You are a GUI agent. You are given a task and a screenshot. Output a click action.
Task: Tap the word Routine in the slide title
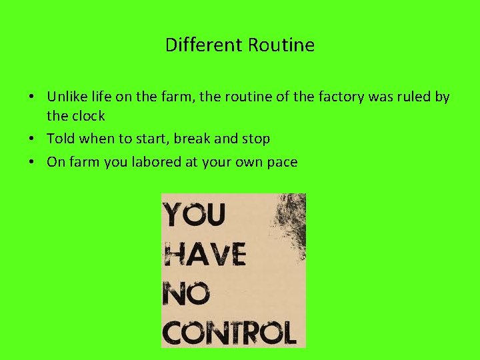tap(281, 45)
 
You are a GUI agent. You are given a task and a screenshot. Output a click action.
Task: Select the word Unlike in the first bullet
tap(66, 97)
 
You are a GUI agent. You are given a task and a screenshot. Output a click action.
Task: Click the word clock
tap(87, 116)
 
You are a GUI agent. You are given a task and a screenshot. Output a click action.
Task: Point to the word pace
tap(281, 162)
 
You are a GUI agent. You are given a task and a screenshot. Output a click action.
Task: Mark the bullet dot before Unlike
tap(32, 97)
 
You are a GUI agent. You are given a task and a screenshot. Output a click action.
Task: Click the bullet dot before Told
tap(32, 139)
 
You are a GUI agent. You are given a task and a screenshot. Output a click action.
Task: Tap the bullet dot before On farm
tap(32, 162)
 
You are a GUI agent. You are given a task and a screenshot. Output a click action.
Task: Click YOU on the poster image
tap(195, 216)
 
